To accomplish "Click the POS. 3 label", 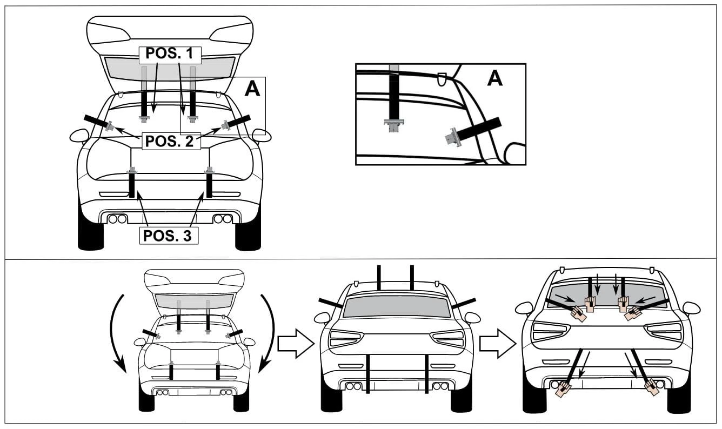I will pos(169,236).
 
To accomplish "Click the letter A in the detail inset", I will pos(495,78).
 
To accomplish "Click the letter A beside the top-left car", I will pos(252,88).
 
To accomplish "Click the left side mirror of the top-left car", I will pos(79,135).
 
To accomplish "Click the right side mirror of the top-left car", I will pos(262,135).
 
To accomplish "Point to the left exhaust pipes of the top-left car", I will pos(117,219).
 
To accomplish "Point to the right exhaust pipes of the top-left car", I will pos(223,219).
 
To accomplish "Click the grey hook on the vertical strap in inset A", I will pos(394,125).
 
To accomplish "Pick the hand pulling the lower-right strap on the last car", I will pos(652,387).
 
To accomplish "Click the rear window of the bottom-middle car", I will pos(397,307).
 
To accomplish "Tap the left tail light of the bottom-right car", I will pos(551,330).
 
